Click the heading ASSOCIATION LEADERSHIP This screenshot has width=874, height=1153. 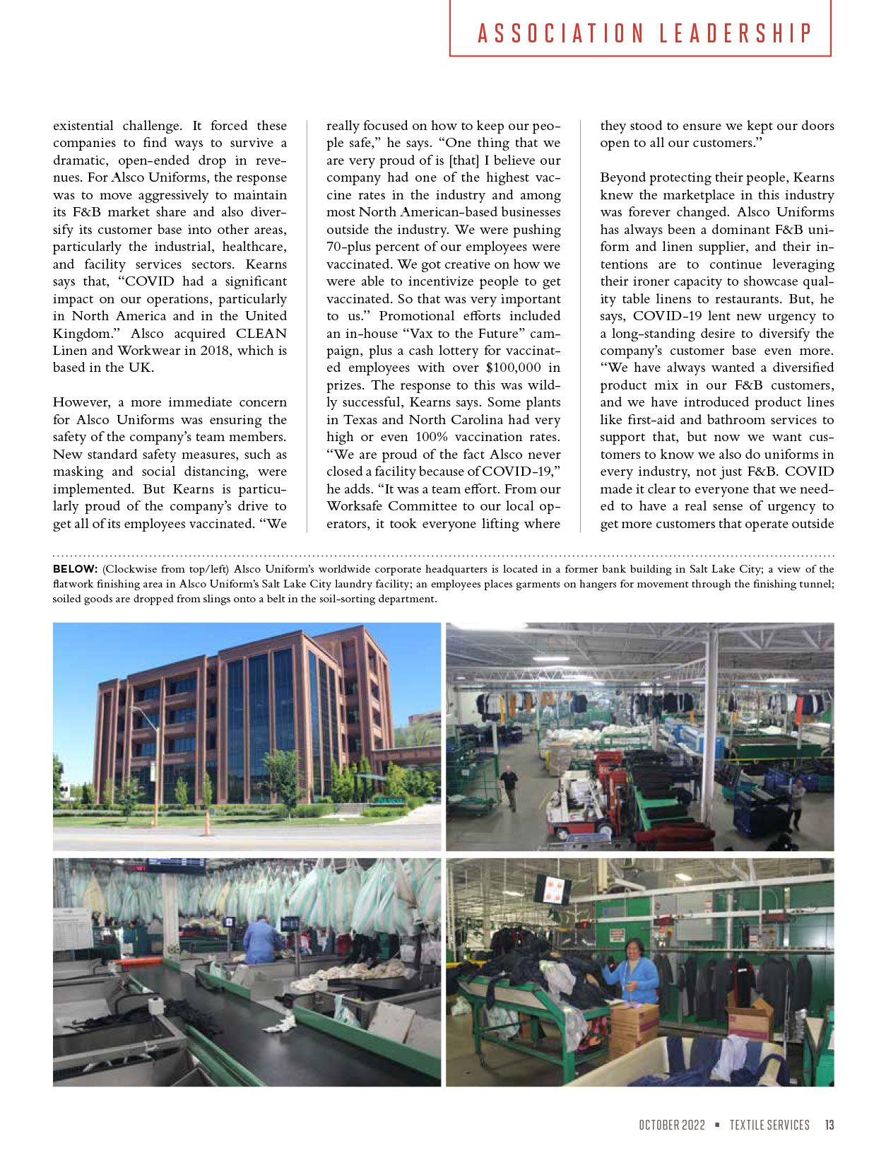click(x=644, y=33)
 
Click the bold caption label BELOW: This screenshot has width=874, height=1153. click(x=75, y=569)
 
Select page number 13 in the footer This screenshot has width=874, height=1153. click(x=829, y=1125)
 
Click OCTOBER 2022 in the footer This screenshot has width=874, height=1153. click(x=672, y=1125)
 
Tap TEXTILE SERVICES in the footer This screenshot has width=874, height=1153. click(x=769, y=1125)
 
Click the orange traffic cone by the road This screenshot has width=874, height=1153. click(x=208, y=824)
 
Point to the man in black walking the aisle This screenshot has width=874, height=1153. click(x=509, y=786)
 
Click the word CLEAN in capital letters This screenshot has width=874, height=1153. click(x=261, y=333)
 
